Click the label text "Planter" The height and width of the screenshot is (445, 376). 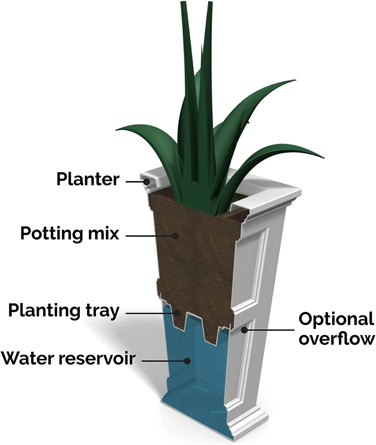(x=88, y=179)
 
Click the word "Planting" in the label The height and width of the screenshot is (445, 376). (x=44, y=311)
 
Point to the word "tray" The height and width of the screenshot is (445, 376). (x=102, y=311)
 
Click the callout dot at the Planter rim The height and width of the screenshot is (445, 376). (x=146, y=181)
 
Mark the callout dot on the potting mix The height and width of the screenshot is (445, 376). (x=176, y=236)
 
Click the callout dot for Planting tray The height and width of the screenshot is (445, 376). (x=177, y=313)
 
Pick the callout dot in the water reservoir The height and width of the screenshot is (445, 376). (x=187, y=361)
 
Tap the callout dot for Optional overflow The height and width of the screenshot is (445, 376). (x=244, y=330)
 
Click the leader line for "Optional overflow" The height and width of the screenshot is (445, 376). (x=270, y=330)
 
